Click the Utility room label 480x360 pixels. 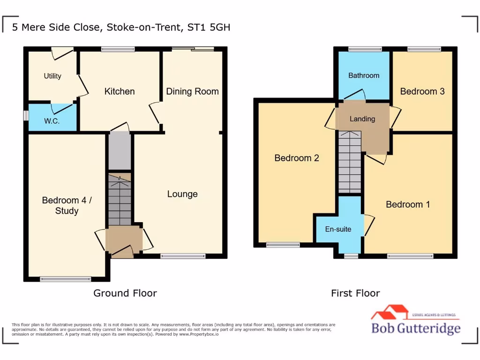coord(52,76)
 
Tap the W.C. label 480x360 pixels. coord(51,121)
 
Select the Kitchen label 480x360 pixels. coord(120,91)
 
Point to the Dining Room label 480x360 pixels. coord(192,91)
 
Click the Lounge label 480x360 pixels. coord(182,194)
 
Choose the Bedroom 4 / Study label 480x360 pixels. coord(67,205)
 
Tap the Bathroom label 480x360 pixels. coord(364,75)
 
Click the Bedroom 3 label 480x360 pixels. coord(422,91)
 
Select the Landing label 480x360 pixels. coord(362,119)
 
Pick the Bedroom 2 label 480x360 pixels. coord(297,158)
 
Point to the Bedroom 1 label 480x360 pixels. coord(408,204)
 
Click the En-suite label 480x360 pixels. coord(338,229)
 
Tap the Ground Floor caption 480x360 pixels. coord(125,293)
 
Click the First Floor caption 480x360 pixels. coord(355,293)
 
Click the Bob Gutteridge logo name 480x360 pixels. coord(416,329)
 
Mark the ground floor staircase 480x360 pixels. coord(120,199)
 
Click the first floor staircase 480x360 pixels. coord(350,162)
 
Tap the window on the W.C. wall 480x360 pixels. coord(26,116)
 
